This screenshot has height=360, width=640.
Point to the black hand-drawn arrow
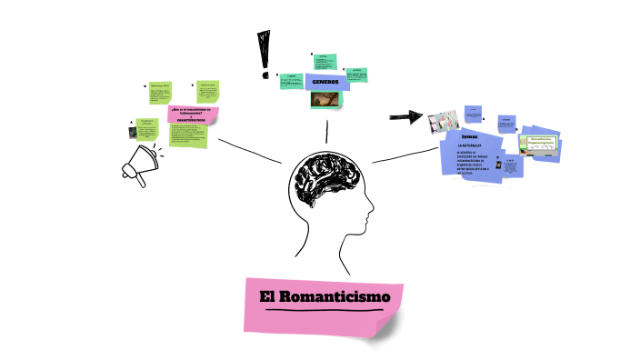[406, 116]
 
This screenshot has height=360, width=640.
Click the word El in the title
[267, 296]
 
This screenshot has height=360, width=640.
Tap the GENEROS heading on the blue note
[325, 82]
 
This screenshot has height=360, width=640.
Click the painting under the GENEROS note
[325, 99]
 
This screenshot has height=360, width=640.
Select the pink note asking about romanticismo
[193, 115]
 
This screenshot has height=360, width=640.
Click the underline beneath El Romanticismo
[322, 311]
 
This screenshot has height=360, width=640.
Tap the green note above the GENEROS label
[325, 62]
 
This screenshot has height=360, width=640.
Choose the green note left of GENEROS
[292, 82]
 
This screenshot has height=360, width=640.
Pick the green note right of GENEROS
[357, 75]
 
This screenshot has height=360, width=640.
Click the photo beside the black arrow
[442, 121]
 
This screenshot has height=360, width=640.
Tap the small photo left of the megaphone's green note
[131, 134]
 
